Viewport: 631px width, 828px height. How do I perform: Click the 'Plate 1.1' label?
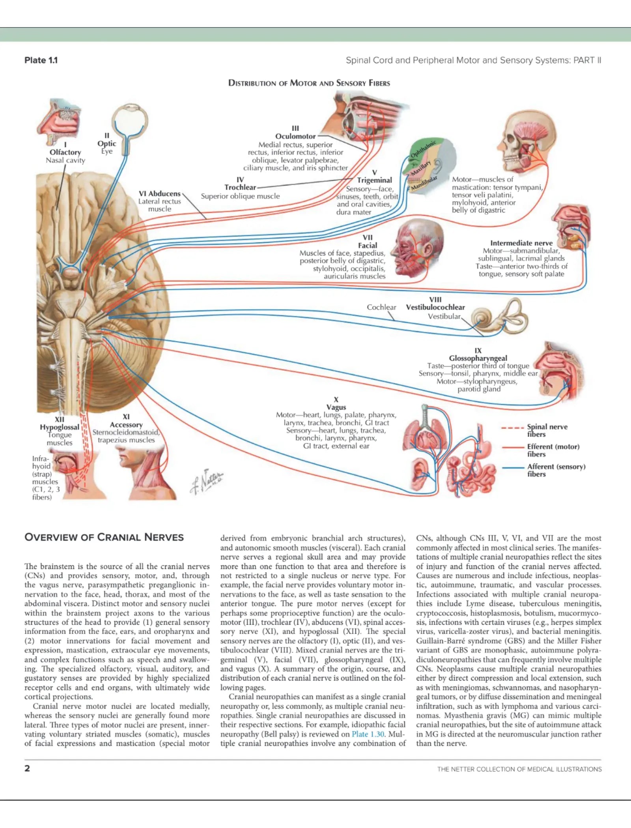(x=41, y=60)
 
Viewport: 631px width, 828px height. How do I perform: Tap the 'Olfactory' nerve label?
(x=65, y=152)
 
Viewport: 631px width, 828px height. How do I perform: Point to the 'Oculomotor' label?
(x=295, y=136)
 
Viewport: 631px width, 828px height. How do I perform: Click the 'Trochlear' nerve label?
(x=240, y=187)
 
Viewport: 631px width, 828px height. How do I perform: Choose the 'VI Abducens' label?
(x=159, y=194)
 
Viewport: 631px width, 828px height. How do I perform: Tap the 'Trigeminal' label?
(x=374, y=180)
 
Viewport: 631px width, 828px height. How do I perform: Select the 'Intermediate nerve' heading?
(x=521, y=243)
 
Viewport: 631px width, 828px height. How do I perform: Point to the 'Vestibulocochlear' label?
(x=435, y=307)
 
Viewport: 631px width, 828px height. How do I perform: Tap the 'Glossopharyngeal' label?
(x=478, y=358)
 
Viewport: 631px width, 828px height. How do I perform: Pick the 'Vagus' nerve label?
(x=336, y=407)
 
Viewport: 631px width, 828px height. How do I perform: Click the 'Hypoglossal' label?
(x=60, y=427)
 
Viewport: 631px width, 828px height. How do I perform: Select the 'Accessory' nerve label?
(x=126, y=425)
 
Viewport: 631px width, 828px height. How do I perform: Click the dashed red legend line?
(x=512, y=427)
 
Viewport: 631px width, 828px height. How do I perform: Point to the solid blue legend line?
(x=512, y=468)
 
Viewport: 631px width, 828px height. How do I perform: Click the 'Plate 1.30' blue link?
(x=368, y=734)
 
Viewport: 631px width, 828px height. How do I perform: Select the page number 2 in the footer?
(x=27, y=768)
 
